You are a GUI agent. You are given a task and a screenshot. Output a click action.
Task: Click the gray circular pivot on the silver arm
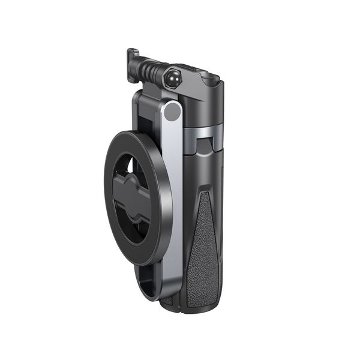(x=173, y=111)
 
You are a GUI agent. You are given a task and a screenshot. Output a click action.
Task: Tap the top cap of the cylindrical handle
(x=207, y=81)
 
